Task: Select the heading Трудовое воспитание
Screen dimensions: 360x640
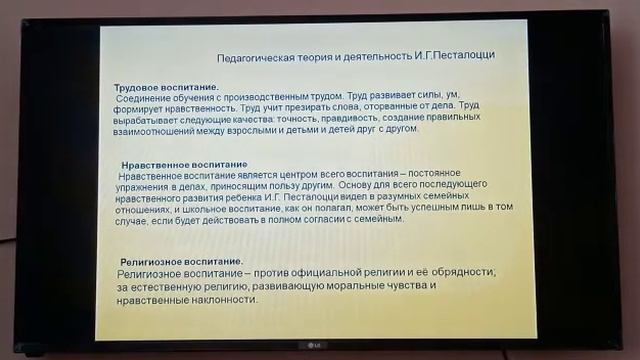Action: [166, 88]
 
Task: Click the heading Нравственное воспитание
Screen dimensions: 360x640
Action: [184, 164]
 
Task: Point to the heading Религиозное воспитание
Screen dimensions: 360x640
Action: [181, 261]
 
